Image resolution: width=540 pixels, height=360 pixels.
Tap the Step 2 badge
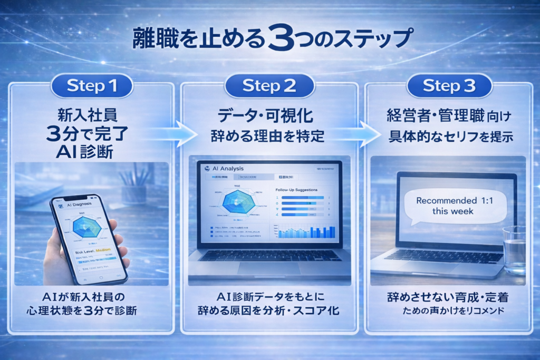coord(269,85)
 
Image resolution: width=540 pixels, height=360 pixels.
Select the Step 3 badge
coord(450,85)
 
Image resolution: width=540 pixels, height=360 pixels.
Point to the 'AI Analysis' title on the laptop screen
coord(225,169)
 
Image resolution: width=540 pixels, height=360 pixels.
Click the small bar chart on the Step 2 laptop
coord(306,231)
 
